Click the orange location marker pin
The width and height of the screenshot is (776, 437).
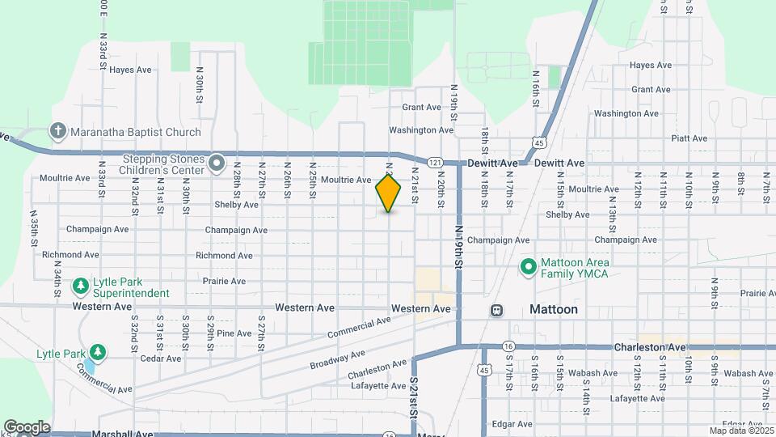point(389,193)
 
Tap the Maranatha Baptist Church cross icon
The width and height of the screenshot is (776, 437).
point(57,131)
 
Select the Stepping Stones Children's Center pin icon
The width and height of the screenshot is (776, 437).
point(216,163)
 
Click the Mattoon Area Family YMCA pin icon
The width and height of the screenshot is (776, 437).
point(528,266)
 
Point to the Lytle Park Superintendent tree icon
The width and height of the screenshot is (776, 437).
point(81,286)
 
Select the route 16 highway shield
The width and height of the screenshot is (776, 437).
point(508,346)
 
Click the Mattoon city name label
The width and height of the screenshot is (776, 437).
point(554,309)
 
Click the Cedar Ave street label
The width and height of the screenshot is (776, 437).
point(160,359)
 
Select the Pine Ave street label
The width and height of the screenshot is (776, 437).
point(234,333)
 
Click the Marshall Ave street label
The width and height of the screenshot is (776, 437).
point(122,434)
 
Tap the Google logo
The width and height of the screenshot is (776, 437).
point(27,427)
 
